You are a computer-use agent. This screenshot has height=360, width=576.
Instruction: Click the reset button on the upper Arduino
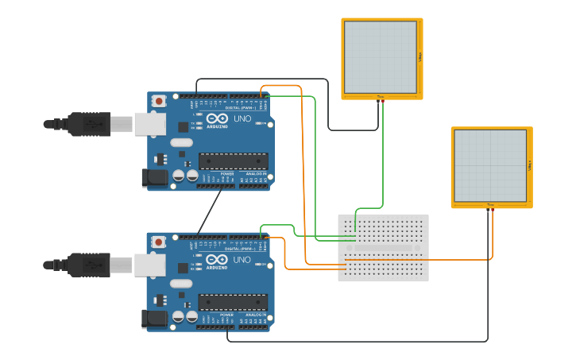[x=159, y=101]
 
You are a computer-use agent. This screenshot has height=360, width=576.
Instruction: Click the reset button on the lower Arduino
[x=159, y=242]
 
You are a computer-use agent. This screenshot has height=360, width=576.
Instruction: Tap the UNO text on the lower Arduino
[x=242, y=260]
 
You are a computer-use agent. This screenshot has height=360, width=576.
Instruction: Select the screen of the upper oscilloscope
[x=380, y=56]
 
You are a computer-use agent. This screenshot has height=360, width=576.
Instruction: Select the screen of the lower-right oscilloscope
[x=489, y=165]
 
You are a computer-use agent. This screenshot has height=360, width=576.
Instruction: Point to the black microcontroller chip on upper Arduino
[x=233, y=161]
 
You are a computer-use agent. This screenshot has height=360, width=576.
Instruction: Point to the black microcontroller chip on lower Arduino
[x=233, y=302]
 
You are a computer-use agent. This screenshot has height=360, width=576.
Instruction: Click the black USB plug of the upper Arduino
[x=87, y=124]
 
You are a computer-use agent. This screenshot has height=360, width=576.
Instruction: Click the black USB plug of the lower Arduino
[x=87, y=265]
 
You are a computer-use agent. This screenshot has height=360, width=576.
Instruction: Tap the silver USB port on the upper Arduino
[x=149, y=124]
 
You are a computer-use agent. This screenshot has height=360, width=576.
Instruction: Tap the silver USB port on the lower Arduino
[x=149, y=265]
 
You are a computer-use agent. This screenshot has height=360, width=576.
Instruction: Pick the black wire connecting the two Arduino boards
[x=210, y=212]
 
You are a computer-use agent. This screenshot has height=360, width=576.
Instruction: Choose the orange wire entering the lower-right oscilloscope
[x=493, y=234]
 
